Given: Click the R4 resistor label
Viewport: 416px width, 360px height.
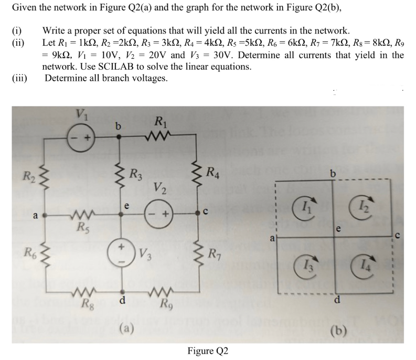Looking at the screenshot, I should tap(214, 171).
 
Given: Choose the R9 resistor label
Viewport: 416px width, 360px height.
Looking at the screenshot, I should tap(164, 304).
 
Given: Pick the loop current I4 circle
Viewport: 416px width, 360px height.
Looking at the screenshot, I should tap(361, 264).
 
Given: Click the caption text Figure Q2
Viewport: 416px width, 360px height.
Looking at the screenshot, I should tap(207, 350).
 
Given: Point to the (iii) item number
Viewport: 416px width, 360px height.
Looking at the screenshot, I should tap(20, 78).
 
